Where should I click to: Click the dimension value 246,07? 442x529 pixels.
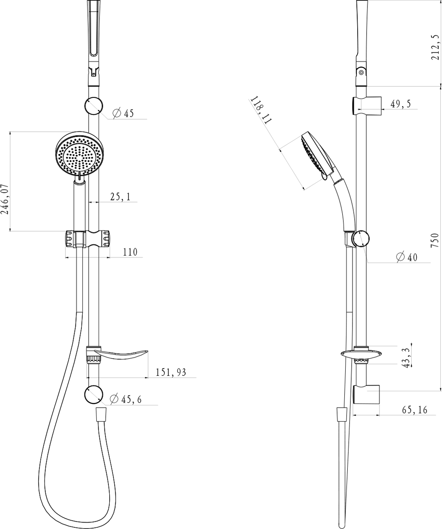point(5,200)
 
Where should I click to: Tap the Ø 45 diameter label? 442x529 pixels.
point(123,113)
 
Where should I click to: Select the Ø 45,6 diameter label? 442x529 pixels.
point(126,399)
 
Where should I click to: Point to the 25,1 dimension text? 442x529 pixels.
point(120,196)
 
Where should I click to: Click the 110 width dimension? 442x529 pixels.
point(130,252)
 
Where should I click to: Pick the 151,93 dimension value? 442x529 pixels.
point(171,372)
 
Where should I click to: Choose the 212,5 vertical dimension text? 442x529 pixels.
point(436,47)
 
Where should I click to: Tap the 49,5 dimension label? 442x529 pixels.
point(400,104)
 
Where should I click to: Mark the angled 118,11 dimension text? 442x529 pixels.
point(261,110)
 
